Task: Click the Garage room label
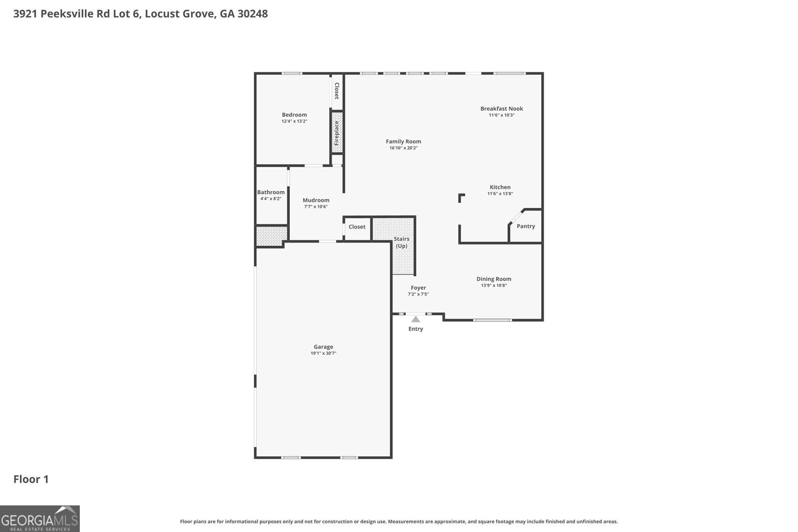(x=323, y=347)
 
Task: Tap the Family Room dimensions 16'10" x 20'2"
(x=403, y=148)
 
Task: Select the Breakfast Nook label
(x=501, y=108)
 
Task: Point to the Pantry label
(x=526, y=226)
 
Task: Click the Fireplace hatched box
(x=337, y=132)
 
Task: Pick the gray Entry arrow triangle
(x=415, y=319)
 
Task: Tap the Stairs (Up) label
(x=401, y=242)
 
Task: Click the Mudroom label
(x=316, y=200)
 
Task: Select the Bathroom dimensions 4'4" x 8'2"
(x=271, y=198)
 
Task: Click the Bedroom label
(x=294, y=115)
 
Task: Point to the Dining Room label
(x=494, y=279)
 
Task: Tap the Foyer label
(x=418, y=288)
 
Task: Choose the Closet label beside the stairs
(x=357, y=226)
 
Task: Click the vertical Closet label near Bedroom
(x=337, y=91)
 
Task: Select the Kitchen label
(x=500, y=187)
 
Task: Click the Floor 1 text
(x=31, y=479)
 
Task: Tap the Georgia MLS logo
(x=40, y=519)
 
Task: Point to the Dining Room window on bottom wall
(x=493, y=320)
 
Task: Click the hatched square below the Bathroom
(x=272, y=235)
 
